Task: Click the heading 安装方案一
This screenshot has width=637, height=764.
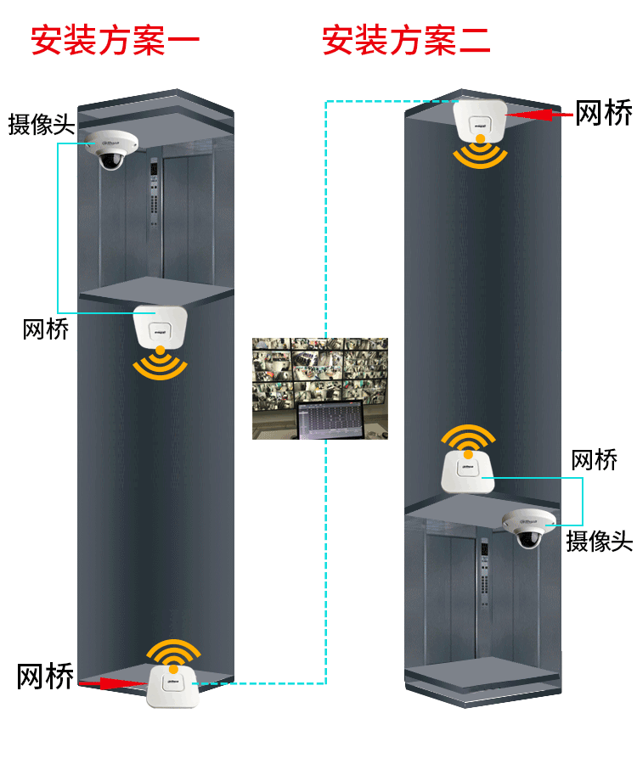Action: click(115, 40)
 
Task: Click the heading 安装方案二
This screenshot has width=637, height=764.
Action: click(406, 40)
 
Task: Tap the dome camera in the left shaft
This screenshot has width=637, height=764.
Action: click(109, 149)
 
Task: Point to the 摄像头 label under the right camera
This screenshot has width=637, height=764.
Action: click(599, 541)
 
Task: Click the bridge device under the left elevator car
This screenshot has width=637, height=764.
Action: click(160, 327)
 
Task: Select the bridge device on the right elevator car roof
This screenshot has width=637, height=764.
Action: click(466, 472)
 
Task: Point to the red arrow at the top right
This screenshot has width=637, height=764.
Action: click(538, 114)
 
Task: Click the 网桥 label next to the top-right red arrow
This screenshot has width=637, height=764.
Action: click(604, 112)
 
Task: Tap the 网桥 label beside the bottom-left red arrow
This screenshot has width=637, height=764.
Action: click(45, 677)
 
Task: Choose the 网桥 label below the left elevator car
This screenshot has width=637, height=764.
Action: click(45, 329)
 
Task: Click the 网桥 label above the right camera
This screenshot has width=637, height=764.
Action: click(594, 461)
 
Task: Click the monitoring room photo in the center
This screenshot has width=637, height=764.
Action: click(320, 389)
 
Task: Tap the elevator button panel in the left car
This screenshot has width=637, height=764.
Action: click(154, 192)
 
